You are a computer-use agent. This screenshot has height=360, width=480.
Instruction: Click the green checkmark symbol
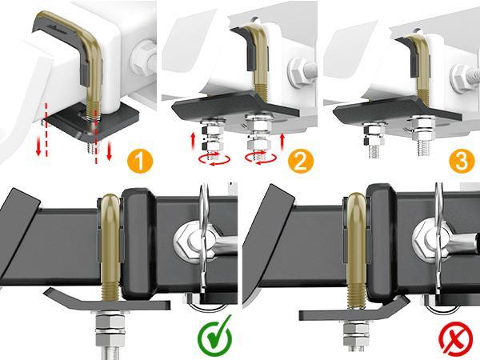(x=215, y=336)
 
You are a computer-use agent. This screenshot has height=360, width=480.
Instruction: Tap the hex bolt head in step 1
(x=146, y=55)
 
